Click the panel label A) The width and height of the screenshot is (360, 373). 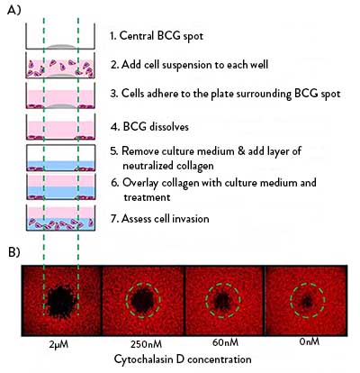(x=14, y=10)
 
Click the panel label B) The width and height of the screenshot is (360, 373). (x=14, y=252)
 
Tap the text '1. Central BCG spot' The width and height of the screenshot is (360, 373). (x=157, y=36)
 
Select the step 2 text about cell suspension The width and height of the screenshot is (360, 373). (x=189, y=65)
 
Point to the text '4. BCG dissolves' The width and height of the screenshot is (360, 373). (x=149, y=126)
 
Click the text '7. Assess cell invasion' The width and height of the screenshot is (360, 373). (x=159, y=218)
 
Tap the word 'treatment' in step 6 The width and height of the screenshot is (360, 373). (x=147, y=197)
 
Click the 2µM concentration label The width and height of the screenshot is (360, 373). (x=58, y=344)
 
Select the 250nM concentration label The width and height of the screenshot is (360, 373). (x=146, y=344)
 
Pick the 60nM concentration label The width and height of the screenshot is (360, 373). (x=225, y=342)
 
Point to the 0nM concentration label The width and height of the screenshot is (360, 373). (x=310, y=341)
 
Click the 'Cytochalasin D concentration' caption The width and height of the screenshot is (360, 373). (x=183, y=359)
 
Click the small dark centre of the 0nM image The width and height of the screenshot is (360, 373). (x=307, y=301)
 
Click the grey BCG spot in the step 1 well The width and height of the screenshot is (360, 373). (x=61, y=47)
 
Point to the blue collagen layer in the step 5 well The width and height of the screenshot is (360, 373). (x=61, y=165)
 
